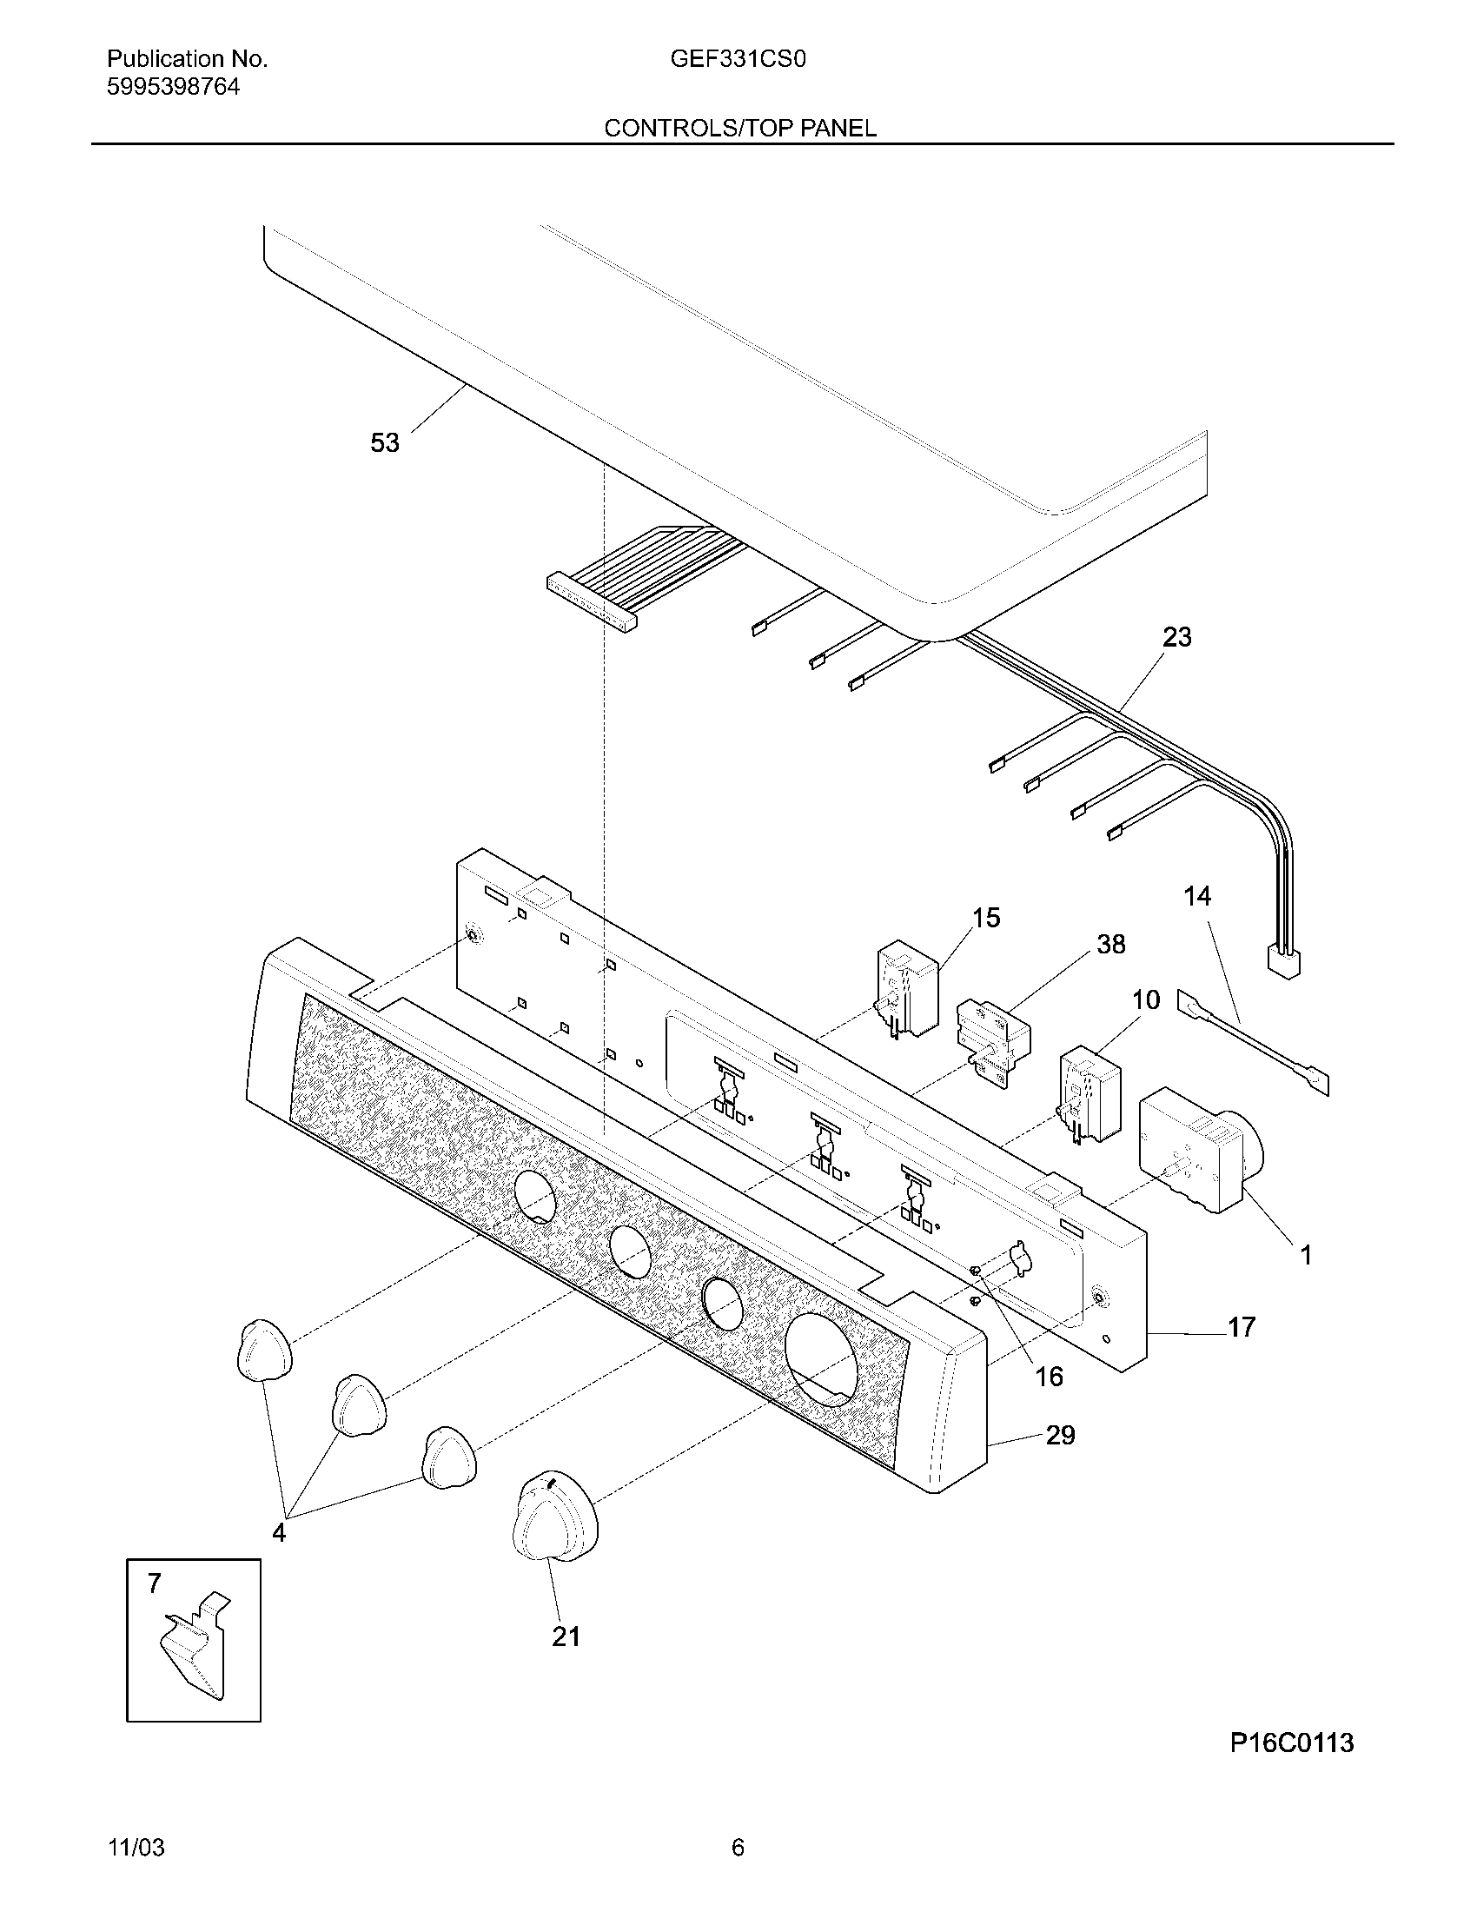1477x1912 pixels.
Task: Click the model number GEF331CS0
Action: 738,58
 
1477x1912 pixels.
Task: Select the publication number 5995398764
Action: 172,87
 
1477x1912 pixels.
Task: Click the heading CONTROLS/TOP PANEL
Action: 739,129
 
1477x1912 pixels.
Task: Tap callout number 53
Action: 384,443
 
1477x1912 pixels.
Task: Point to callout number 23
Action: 1176,636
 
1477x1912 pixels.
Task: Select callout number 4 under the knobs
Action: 278,1533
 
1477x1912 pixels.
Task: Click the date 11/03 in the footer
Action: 136,1848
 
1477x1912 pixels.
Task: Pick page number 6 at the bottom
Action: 738,1848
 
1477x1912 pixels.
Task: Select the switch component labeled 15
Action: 905,989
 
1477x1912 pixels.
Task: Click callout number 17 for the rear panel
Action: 1241,1327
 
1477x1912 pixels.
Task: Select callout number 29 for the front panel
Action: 1060,1435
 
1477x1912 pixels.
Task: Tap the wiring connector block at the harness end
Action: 1282,963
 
